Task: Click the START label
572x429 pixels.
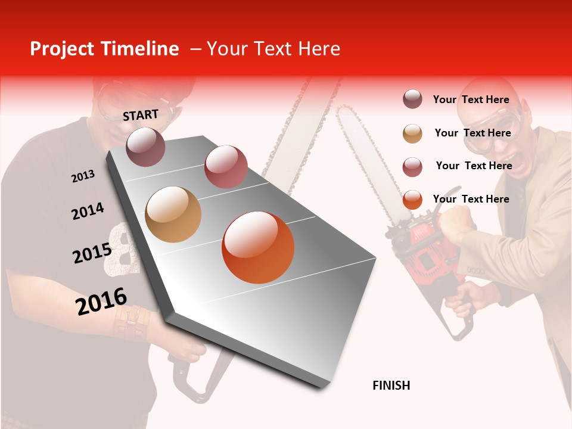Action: coord(141,115)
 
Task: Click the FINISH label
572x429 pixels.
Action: coord(391,386)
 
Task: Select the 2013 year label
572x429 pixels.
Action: coord(83,176)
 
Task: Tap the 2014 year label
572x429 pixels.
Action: coord(88,212)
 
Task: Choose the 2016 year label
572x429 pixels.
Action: coord(101,301)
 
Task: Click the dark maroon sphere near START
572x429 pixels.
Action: coord(145,147)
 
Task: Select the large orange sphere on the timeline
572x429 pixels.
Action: coord(258,247)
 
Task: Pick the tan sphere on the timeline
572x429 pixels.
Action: coord(173,214)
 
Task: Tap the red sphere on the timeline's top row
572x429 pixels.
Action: coord(226,166)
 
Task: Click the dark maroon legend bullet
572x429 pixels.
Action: coord(412,100)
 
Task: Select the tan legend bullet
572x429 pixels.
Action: coord(412,133)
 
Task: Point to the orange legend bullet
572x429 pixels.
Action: coord(412,200)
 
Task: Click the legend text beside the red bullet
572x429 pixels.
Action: coord(474,166)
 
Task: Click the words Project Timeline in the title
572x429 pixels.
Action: coord(104,49)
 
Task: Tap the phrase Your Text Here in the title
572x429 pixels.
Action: coord(273,49)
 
